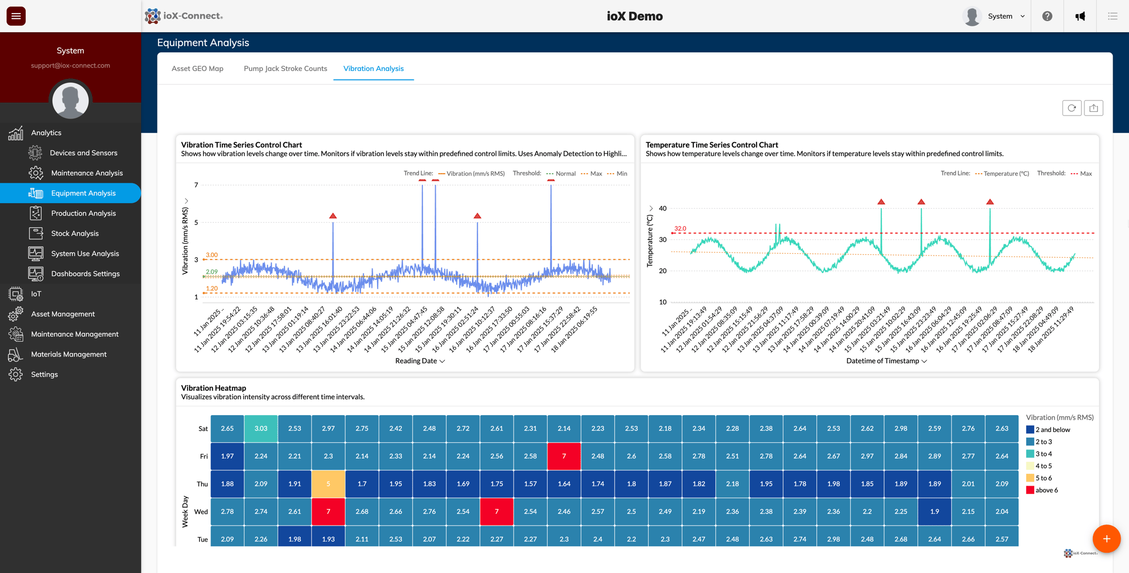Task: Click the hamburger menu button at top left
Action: [16, 16]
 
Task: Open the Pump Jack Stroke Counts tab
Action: [285, 68]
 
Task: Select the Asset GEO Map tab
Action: [197, 68]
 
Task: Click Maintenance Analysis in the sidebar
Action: [86, 173]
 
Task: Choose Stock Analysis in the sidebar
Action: [75, 233]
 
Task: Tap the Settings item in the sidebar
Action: [44, 374]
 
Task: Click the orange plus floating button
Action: [1106, 539]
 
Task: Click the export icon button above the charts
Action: [1093, 108]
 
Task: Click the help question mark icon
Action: [1047, 16]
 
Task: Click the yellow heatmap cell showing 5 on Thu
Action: [328, 484]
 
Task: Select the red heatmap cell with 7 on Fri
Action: [564, 456]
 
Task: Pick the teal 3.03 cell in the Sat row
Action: [261, 429]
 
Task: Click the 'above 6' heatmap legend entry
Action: [1045, 490]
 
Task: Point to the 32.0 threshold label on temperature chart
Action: [680, 228]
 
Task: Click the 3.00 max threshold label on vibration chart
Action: [212, 255]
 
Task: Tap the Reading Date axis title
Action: [416, 361]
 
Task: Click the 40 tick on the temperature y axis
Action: [663, 209]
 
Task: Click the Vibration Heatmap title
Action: [213, 388]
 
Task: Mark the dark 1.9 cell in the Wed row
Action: [934, 512]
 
